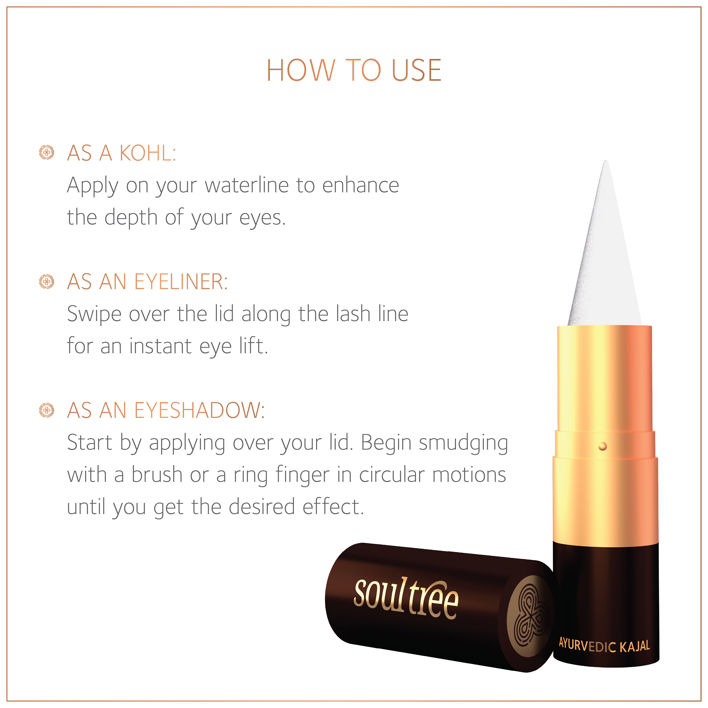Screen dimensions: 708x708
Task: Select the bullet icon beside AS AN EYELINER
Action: point(47,281)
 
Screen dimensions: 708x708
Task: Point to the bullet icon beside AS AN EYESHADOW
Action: point(47,410)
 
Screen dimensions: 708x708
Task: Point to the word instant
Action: point(160,346)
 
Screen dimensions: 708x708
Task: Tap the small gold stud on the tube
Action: point(602,446)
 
